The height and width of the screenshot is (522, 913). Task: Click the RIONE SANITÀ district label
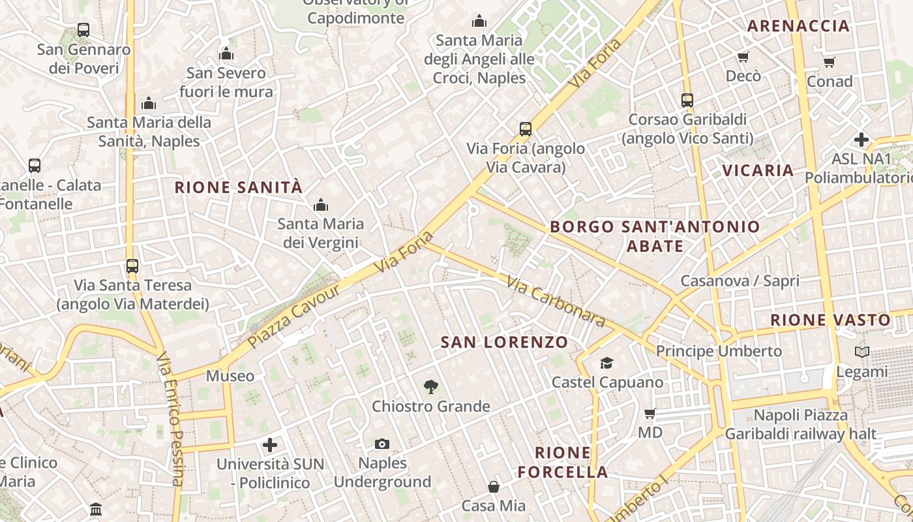pyautogui.click(x=239, y=188)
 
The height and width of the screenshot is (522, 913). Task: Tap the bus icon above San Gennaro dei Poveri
pyautogui.click(x=83, y=30)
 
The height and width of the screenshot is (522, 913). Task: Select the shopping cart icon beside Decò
pyautogui.click(x=743, y=57)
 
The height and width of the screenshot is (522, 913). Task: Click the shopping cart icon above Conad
pyautogui.click(x=829, y=63)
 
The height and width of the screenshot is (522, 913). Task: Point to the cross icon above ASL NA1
pyautogui.click(x=861, y=140)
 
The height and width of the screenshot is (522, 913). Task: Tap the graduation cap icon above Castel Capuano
pyautogui.click(x=606, y=363)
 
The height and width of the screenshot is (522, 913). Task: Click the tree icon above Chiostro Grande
pyautogui.click(x=430, y=387)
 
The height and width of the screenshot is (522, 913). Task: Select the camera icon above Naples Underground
pyautogui.click(x=382, y=444)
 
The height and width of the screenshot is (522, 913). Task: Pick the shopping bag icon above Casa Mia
pyautogui.click(x=494, y=487)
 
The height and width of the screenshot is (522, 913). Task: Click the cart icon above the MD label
pyautogui.click(x=650, y=414)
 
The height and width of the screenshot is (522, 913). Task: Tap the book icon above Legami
pyautogui.click(x=862, y=352)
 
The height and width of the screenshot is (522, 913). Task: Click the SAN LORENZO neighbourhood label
pyautogui.click(x=504, y=343)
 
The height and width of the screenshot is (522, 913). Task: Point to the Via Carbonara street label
pyautogui.click(x=556, y=303)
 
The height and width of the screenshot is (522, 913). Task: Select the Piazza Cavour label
pyautogui.click(x=294, y=316)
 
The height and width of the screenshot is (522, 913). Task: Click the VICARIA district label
pyautogui.click(x=758, y=171)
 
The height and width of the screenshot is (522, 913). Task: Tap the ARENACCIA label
pyautogui.click(x=798, y=26)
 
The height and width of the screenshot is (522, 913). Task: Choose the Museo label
pyautogui.click(x=230, y=376)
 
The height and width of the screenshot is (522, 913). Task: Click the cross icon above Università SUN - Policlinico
pyautogui.click(x=270, y=445)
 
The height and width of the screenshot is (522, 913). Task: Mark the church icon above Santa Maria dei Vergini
pyautogui.click(x=320, y=206)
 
